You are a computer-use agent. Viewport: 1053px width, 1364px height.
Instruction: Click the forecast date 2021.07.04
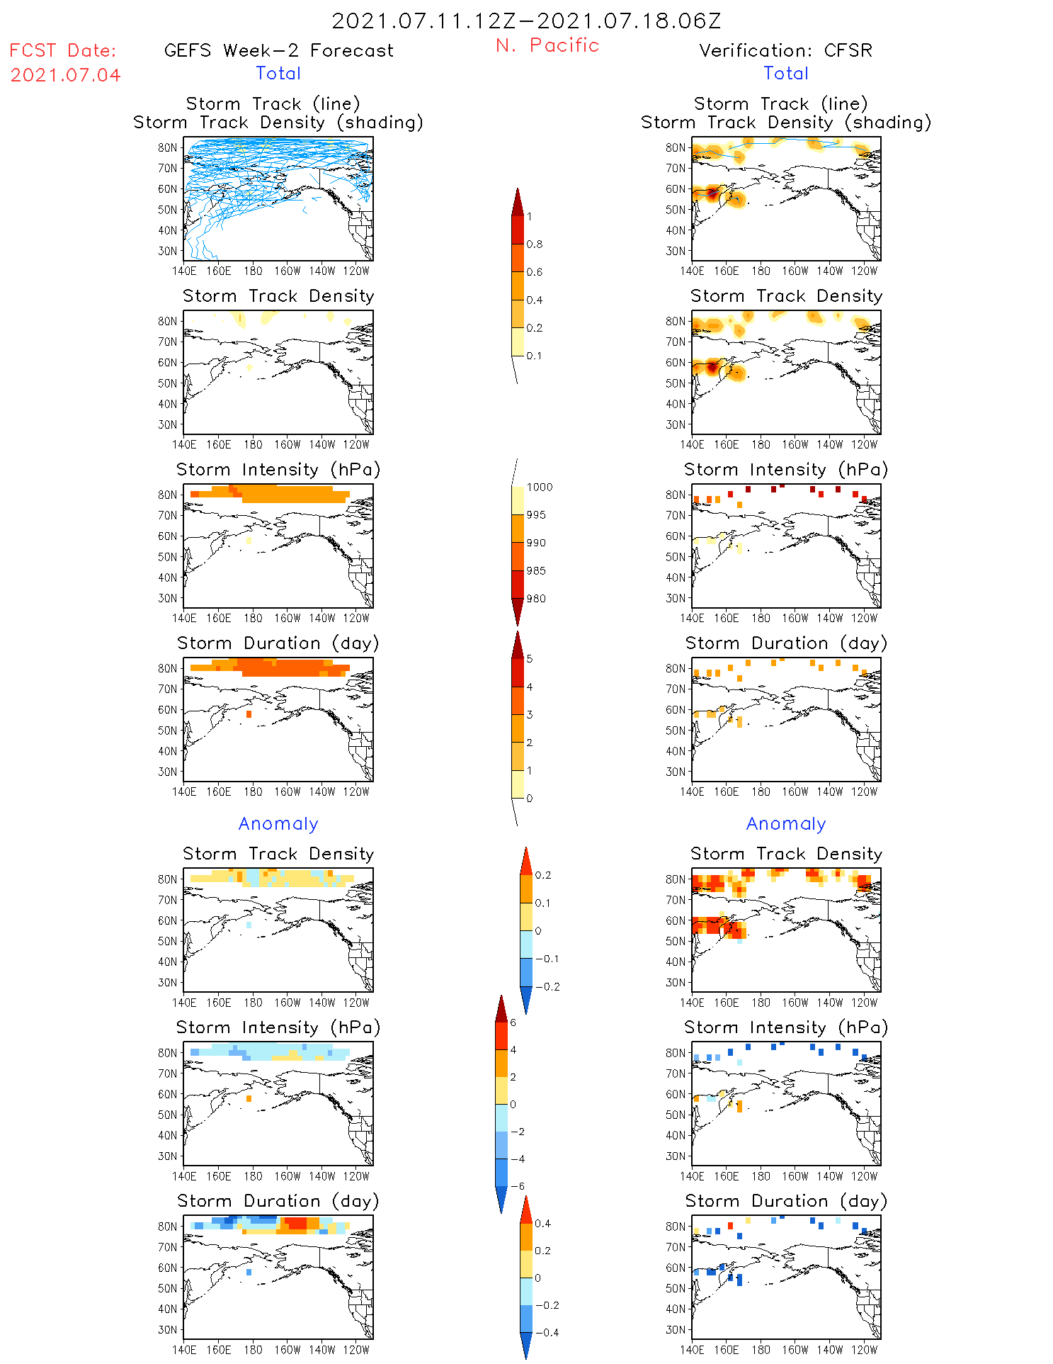pos(65,75)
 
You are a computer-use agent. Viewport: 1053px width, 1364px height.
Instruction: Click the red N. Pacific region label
pos(547,45)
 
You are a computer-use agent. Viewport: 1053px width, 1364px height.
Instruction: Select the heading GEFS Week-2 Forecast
pos(278,50)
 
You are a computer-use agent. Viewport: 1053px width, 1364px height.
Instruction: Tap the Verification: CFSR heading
pos(785,50)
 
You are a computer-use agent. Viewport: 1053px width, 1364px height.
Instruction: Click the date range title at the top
pos(526,21)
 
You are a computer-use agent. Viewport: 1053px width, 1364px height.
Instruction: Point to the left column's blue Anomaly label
pos(278,823)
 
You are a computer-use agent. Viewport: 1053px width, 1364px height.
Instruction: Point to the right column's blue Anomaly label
pos(786,823)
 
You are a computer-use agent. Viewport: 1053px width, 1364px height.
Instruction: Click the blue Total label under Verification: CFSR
pos(786,73)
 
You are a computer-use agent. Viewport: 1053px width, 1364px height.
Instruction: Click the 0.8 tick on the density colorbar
pos(535,244)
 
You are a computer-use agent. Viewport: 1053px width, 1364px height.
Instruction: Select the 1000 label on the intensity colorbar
pos(539,487)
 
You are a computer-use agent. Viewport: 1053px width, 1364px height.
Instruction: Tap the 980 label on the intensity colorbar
pos(536,598)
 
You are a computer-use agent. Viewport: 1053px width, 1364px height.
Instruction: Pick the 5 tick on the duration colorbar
pos(529,658)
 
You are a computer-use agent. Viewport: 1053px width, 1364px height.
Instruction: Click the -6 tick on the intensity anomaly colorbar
pos(518,1186)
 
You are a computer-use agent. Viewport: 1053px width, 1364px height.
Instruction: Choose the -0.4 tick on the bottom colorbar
pos(547,1332)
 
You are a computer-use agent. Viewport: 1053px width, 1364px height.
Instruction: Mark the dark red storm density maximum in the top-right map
pos(712,193)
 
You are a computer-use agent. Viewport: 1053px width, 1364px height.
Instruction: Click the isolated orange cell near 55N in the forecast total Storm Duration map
pos(249,714)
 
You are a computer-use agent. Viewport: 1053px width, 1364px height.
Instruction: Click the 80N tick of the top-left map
pos(168,147)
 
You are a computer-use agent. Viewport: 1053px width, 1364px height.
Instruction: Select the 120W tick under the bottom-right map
pos(864,1350)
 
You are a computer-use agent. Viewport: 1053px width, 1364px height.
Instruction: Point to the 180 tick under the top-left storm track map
pos(253,271)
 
